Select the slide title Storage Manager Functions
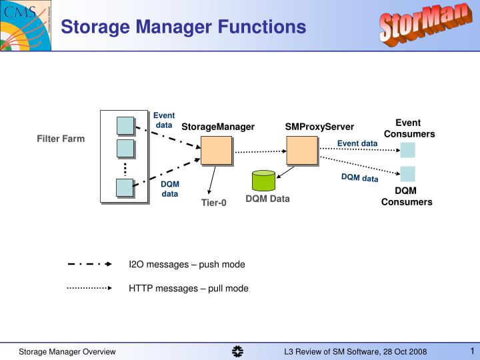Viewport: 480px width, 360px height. (x=183, y=27)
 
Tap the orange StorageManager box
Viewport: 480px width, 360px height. (x=216, y=150)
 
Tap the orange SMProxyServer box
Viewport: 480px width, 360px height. (x=302, y=150)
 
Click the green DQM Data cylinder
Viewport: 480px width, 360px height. (x=263, y=181)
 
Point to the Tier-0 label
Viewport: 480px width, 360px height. (x=214, y=203)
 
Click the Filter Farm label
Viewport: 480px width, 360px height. (x=61, y=139)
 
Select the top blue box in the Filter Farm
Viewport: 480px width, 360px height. (x=125, y=125)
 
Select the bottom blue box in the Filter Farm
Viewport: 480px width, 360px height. (x=125, y=188)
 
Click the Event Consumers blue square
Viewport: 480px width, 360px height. (x=407, y=150)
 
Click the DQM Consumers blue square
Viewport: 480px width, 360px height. (x=407, y=174)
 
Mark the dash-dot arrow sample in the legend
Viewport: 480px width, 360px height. (x=89, y=264)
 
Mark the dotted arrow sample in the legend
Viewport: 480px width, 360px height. (x=89, y=288)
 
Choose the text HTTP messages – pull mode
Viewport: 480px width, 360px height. (x=189, y=289)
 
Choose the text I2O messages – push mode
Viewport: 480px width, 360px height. (x=187, y=265)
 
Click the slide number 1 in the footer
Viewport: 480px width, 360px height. (x=471, y=351)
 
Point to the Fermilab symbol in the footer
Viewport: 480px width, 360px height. (x=238, y=351)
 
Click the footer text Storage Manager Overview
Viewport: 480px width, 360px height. (x=67, y=352)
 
